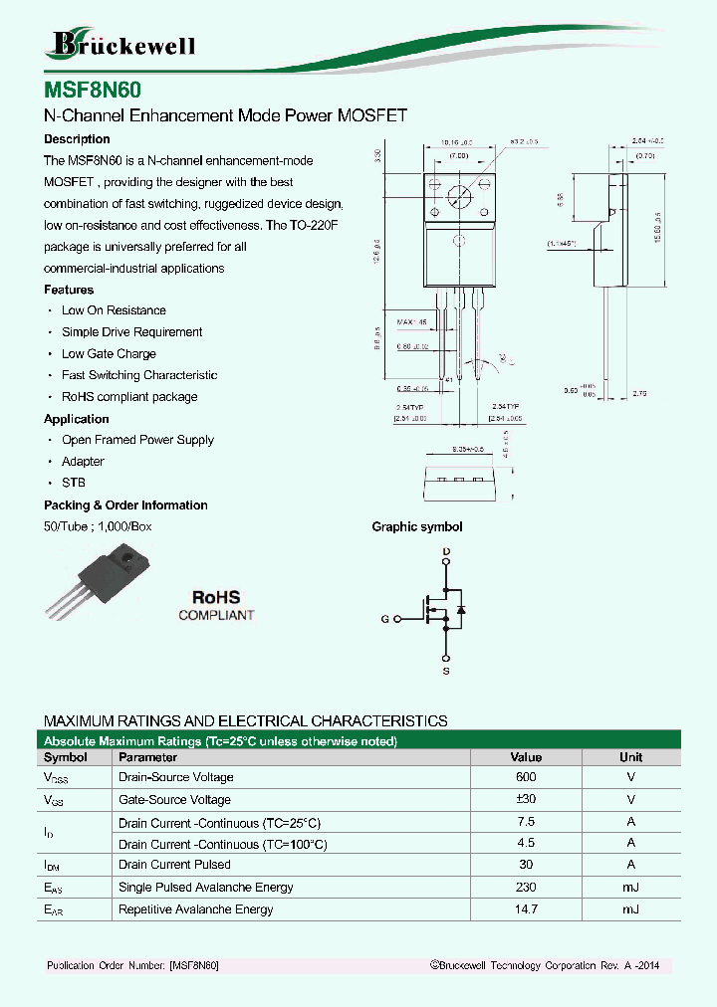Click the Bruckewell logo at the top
pos(121,44)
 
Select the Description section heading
pos(77,139)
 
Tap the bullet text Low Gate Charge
pos(109,354)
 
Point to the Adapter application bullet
pos(83,462)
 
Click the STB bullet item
pos(73,483)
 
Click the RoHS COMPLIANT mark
pos(216,605)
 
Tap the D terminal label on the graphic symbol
pos(446,551)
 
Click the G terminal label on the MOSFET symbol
pos(384,620)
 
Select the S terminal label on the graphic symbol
pos(446,672)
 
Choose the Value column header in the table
pos(526,757)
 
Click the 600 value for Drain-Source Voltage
pos(526,777)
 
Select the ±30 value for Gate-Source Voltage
pos(526,800)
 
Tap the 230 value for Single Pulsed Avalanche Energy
pos(526,888)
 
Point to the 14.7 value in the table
pos(526,909)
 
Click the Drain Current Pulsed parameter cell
pos(174,865)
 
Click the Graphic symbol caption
pos(417,527)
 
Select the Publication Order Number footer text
pos(132,966)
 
